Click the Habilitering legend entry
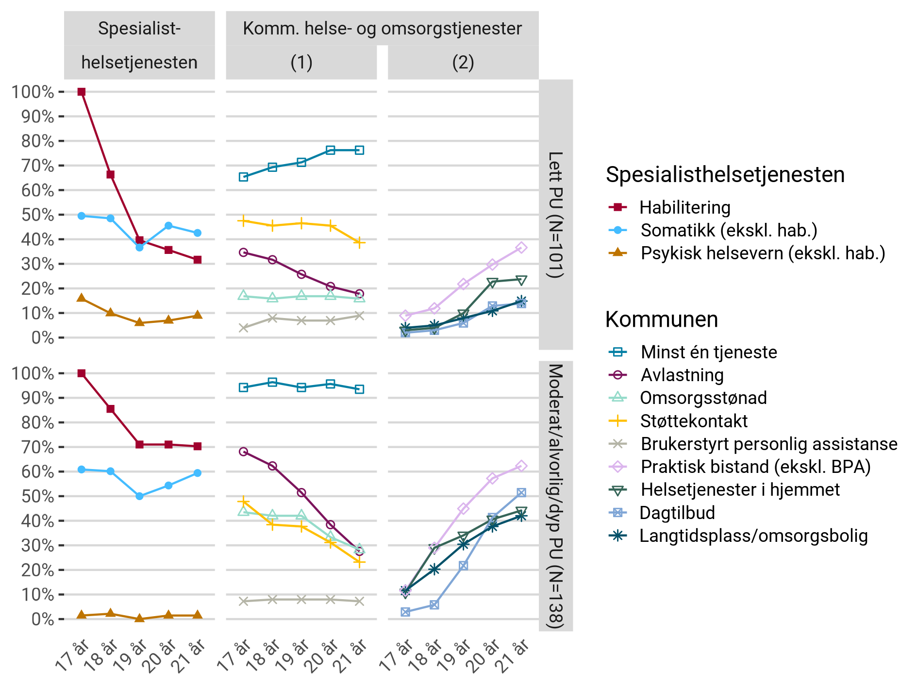[684, 207]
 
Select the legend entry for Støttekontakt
[694, 421]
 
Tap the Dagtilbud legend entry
[677, 513]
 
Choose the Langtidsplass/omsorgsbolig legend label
[753, 536]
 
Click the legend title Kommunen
[661, 319]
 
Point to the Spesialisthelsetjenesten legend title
[725, 175]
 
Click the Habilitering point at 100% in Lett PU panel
[82, 92]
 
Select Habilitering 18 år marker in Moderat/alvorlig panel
[111, 409]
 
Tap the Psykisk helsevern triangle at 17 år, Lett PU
[82, 298]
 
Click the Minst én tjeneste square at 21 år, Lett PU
[359, 150]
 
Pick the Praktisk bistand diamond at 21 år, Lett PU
[521, 248]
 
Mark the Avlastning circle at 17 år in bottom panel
[244, 452]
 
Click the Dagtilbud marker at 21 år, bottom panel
[521, 493]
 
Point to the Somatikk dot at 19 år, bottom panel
[139, 496]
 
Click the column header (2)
[463, 63]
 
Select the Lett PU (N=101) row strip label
[556, 215]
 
